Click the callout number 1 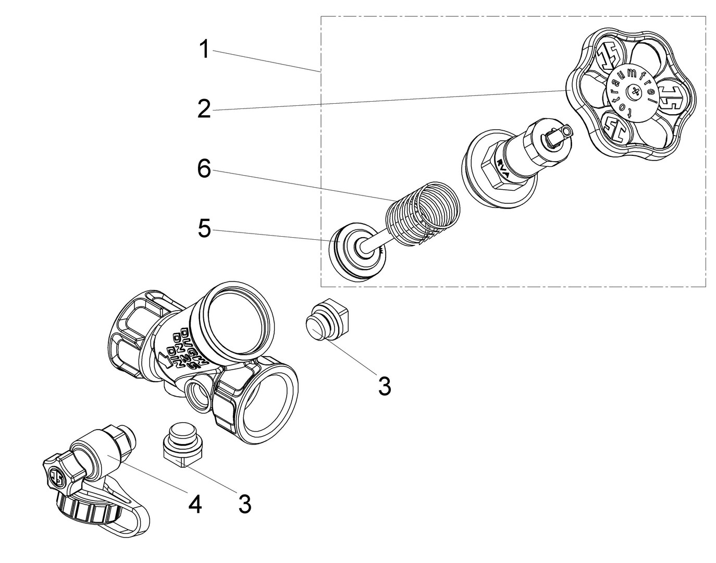coord(204,50)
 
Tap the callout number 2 coord(204,109)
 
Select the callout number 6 coord(204,169)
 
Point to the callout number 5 coord(204,229)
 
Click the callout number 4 coord(195,504)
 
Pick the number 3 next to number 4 coord(244,504)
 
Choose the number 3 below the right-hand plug coord(384,386)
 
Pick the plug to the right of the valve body coord(325,320)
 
